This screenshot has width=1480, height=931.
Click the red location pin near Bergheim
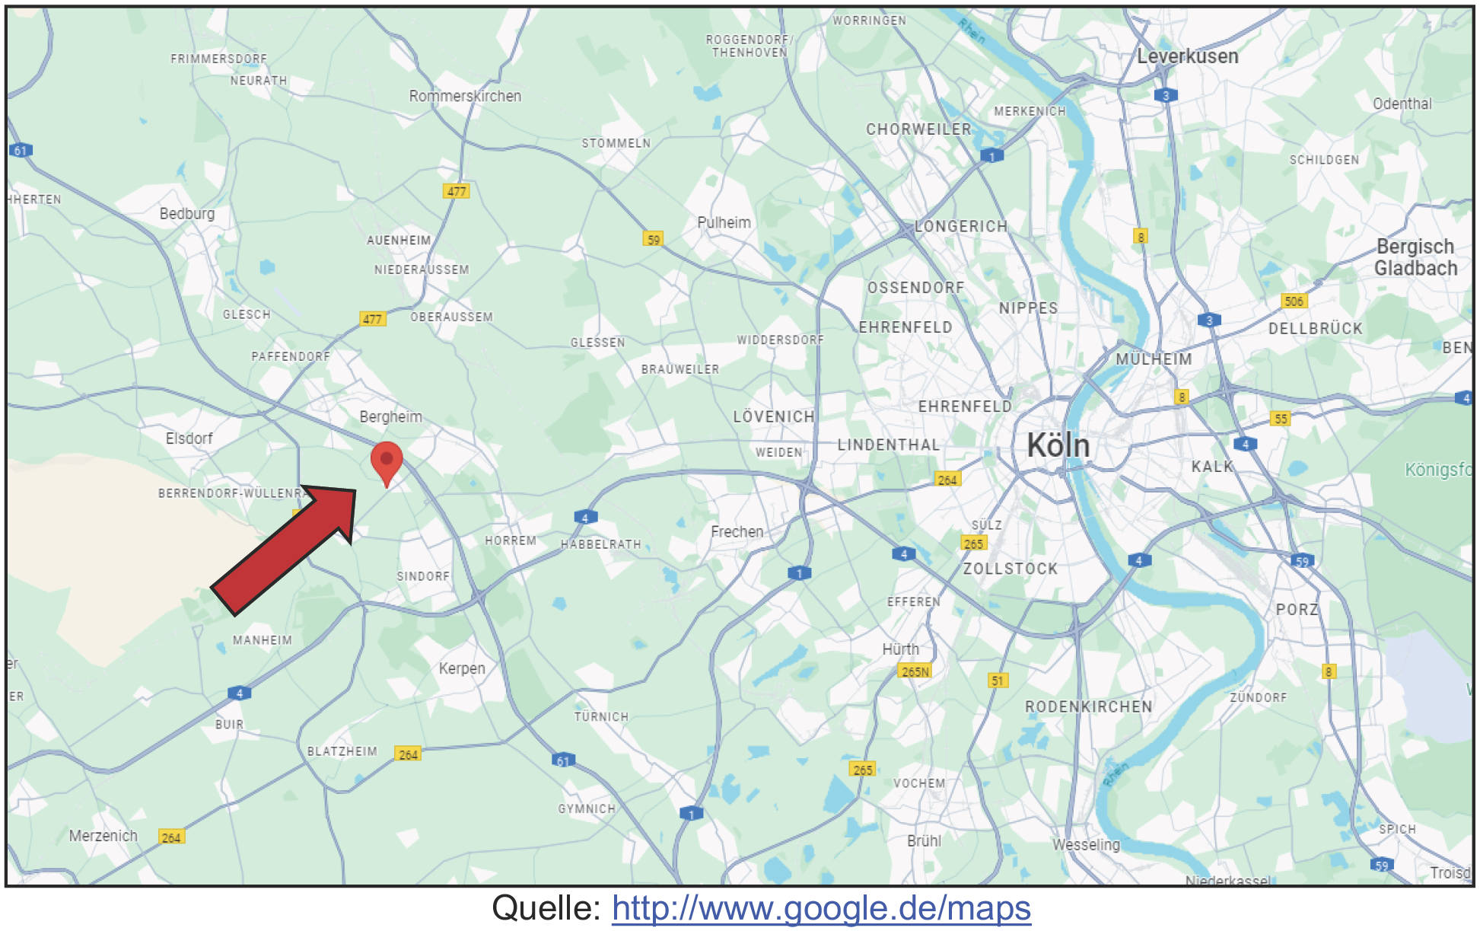click(x=387, y=461)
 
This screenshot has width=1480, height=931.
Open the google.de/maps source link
click(x=821, y=908)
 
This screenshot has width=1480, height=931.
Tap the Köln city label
click(x=1058, y=445)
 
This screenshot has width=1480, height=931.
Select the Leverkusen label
click(x=1187, y=56)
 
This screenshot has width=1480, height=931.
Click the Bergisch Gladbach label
click(x=1415, y=257)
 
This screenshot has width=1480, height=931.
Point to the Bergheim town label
click(x=390, y=416)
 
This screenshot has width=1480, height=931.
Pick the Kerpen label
click(x=462, y=668)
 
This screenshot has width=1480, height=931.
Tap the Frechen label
click(x=737, y=531)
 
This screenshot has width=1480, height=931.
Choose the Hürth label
click(x=900, y=649)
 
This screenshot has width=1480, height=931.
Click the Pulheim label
click(x=724, y=222)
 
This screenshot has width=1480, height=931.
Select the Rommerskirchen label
click(x=465, y=96)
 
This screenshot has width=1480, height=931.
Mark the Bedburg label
click(x=187, y=214)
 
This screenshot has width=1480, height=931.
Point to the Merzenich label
click(x=103, y=836)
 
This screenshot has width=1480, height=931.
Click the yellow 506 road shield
click(x=1294, y=301)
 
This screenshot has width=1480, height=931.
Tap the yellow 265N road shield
click(x=915, y=671)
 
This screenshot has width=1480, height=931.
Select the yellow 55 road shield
click(x=1281, y=419)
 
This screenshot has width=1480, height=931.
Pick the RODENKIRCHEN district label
click(x=1088, y=706)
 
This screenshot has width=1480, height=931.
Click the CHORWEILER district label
click(x=918, y=129)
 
